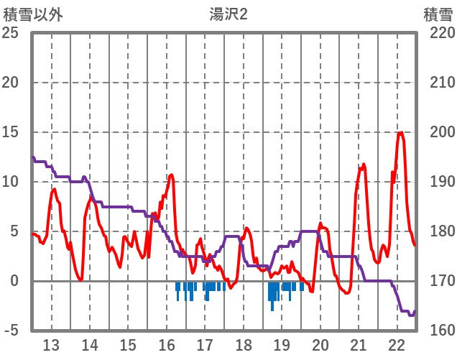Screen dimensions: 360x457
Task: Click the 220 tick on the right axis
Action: [438, 33]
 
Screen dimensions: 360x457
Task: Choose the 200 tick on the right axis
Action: [438, 132]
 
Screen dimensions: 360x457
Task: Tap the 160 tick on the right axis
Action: [438, 331]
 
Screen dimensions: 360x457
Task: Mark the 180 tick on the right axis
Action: [438, 231]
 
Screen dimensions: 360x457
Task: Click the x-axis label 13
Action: [51, 344]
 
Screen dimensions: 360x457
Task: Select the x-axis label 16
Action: [166, 344]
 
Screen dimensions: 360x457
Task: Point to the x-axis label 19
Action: [282, 344]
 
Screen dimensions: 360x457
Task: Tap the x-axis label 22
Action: [397, 344]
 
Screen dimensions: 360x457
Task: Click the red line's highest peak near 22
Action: [400, 132]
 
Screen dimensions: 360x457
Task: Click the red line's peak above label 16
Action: [171, 175]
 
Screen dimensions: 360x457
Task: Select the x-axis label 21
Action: [359, 344]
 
